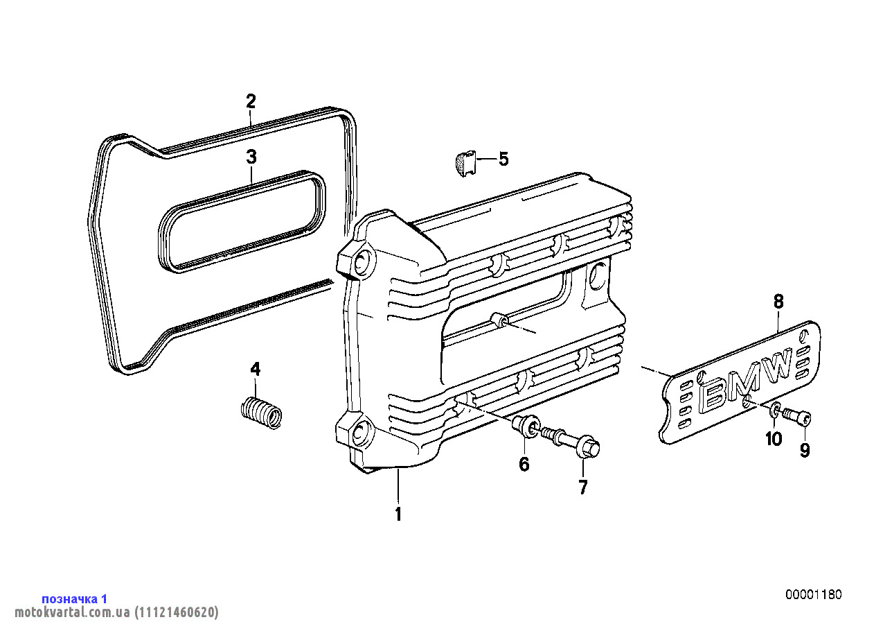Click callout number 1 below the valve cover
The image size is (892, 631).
[398, 515]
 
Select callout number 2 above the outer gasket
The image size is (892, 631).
[251, 101]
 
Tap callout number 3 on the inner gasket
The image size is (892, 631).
[251, 157]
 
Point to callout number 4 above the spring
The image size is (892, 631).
[256, 369]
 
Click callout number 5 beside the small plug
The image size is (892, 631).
[503, 159]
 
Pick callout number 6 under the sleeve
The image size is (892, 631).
[524, 464]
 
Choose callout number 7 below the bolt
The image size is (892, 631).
[582, 487]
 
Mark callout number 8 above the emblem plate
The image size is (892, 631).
[778, 302]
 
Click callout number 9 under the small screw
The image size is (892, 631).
[805, 451]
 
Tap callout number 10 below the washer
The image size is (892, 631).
[774, 438]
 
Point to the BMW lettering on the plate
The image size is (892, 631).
[747, 382]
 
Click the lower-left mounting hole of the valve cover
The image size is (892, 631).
[359, 433]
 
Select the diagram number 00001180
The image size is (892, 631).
[814, 595]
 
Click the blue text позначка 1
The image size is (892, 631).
[75, 598]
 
